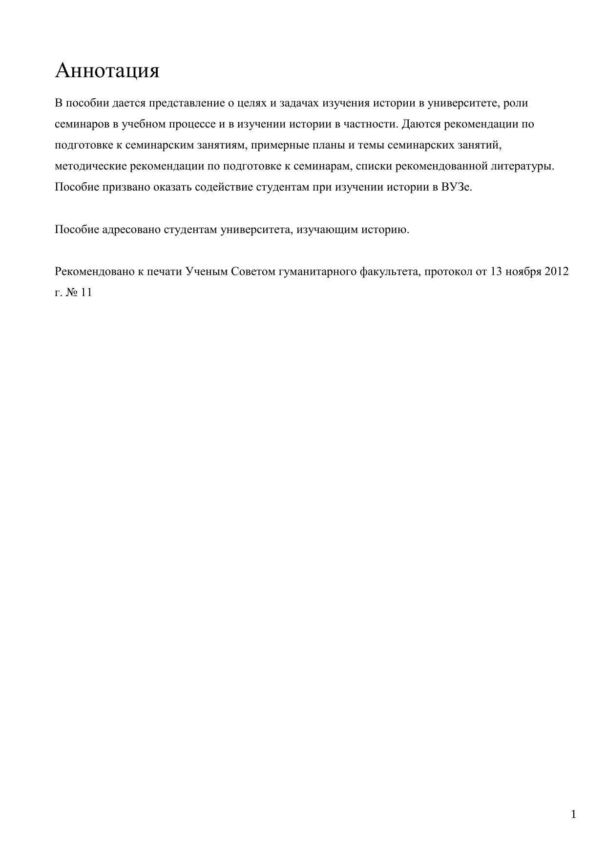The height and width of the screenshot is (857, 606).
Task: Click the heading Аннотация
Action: pos(107,71)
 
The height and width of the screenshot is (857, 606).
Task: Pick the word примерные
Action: pos(276,146)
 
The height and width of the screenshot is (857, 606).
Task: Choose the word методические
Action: pos(91,167)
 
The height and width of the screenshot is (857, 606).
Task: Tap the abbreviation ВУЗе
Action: pos(457,188)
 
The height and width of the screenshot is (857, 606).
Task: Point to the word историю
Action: pos(385,230)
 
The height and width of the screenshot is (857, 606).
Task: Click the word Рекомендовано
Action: pos(94,272)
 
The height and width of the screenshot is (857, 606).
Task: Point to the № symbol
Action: pos(72,293)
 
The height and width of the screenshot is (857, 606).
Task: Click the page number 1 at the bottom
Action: pos(573,814)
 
